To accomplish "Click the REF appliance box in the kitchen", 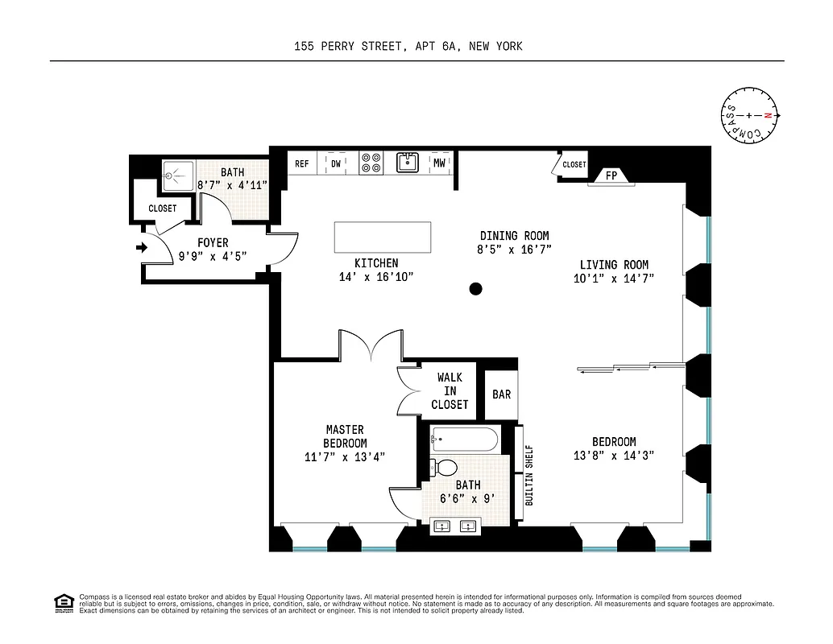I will pos(302,163).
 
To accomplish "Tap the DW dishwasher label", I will pos(335,163).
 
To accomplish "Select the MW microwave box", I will pos(439,163).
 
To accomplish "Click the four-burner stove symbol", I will pos(371,163).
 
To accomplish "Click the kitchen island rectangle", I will pos(382,237).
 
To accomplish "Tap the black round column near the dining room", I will pos(476,288).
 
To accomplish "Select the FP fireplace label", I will pos(611,175).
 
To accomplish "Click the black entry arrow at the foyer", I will pos(143,248).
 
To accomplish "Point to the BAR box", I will pos(502,394).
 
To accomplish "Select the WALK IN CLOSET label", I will pos(450,390).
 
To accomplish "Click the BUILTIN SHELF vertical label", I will pos(529,475).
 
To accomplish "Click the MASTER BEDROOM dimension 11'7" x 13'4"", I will pos(345,457).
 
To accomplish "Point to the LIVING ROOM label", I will pos(614,265).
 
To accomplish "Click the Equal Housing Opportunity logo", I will pos(62,602).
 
